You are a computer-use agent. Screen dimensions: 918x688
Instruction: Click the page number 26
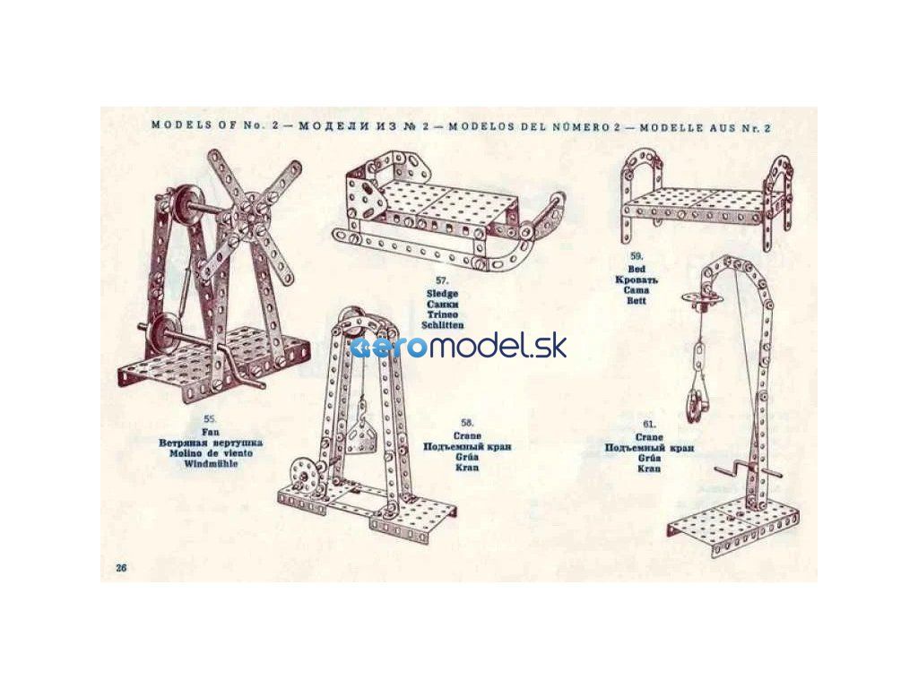122,568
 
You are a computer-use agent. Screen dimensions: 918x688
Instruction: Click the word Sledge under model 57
443,294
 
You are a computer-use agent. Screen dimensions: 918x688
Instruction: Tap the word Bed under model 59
637,268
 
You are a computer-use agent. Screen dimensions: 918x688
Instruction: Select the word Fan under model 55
211,431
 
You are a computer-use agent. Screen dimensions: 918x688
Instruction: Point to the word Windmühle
211,465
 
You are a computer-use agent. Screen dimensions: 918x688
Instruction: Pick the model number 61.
650,424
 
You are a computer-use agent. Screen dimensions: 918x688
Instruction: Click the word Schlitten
443,326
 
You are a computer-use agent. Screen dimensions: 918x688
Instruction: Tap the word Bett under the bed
637,301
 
